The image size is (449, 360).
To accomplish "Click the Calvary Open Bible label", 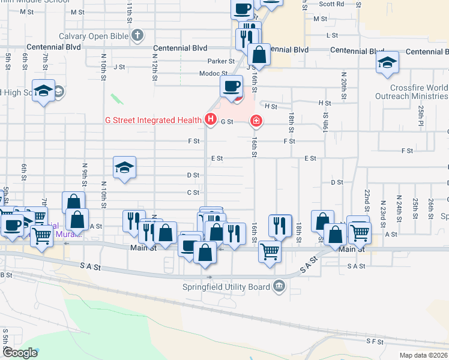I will (x=94, y=36).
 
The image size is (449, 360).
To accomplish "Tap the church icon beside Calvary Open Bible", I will (x=137, y=36).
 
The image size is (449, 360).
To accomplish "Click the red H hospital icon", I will (x=210, y=120).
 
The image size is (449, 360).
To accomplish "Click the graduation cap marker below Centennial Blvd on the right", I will (x=387, y=63).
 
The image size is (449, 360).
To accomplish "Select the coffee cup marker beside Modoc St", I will (x=232, y=85).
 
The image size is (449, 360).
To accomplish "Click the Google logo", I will (x=20, y=353).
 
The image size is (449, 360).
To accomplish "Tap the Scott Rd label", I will (x=331, y=4).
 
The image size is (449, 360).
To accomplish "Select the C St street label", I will (x=193, y=193).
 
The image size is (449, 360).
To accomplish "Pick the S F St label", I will (x=375, y=341).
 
